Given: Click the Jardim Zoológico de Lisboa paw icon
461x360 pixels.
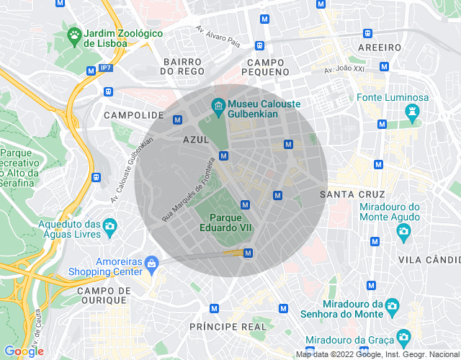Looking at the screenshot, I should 73,34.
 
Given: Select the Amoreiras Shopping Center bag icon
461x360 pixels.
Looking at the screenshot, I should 151,264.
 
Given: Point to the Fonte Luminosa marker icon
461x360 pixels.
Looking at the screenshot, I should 412,112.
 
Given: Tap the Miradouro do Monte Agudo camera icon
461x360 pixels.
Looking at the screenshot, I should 403,230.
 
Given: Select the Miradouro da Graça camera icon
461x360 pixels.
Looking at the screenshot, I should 403,336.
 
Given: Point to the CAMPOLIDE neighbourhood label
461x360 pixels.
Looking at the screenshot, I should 134,115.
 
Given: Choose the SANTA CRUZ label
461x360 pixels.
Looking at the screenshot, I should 352,194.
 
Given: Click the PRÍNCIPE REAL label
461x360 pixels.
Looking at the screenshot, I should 228,327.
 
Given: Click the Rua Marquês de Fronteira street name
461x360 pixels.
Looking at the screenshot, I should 188,190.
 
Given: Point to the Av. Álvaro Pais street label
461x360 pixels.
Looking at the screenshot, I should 218,37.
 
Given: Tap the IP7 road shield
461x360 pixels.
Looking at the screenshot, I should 107,69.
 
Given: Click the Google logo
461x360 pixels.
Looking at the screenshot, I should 24,351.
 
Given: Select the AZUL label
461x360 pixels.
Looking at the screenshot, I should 196,140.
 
